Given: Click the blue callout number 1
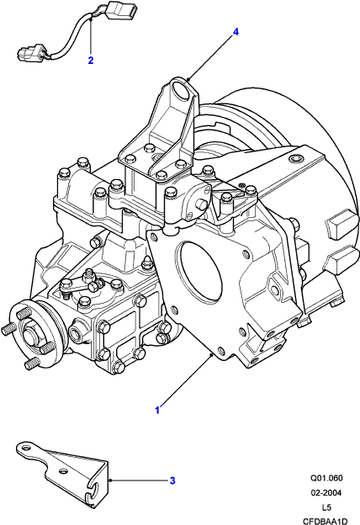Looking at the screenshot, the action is (x=157, y=410).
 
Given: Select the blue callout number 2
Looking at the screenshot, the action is (x=90, y=61).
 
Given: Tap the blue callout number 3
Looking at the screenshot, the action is (x=172, y=480).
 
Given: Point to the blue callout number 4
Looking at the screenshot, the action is (x=236, y=32).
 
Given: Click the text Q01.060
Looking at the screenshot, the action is (x=326, y=478).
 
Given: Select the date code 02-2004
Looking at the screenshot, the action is (x=326, y=492).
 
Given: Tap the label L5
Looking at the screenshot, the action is (x=326, y=507).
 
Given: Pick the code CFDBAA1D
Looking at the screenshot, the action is (x=326, y=522).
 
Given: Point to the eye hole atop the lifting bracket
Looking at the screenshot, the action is (x=182, y=89).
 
